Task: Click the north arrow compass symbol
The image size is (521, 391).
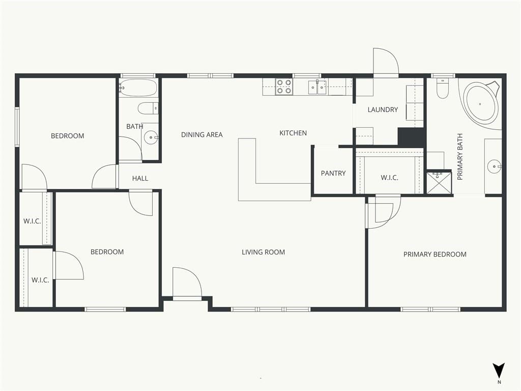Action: point(499,371)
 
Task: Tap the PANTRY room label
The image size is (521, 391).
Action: point(333,173)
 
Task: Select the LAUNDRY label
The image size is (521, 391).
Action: point(383,110)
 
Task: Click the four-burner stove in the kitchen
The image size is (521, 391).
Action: point(284,87)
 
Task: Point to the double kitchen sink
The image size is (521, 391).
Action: point(317,87)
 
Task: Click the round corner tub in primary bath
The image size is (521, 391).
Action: point(481,104)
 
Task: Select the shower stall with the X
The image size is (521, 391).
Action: point(439,183)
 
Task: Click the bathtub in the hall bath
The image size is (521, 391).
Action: point(138,88)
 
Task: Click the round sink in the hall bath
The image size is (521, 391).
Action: point(151,137)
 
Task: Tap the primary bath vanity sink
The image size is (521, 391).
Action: point(495,166)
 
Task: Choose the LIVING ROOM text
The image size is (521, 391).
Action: point(263,253)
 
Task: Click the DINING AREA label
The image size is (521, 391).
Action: point(201,134)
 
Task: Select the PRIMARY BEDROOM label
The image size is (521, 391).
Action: point(435,255)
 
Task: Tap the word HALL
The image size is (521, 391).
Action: point(140,179)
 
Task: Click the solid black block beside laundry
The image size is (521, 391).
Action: point(411,136)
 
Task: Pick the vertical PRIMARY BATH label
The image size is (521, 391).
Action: point(460,157)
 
